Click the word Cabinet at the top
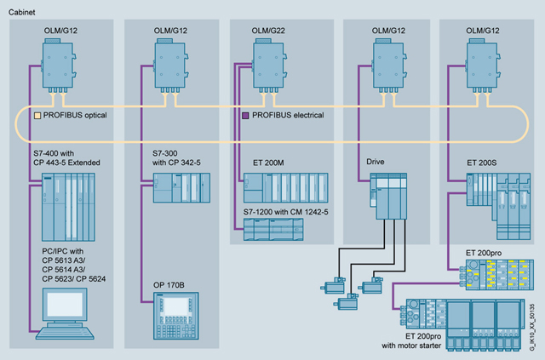point(23,10)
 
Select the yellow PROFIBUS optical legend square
point(37,115)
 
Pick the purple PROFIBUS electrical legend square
point(247,115)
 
